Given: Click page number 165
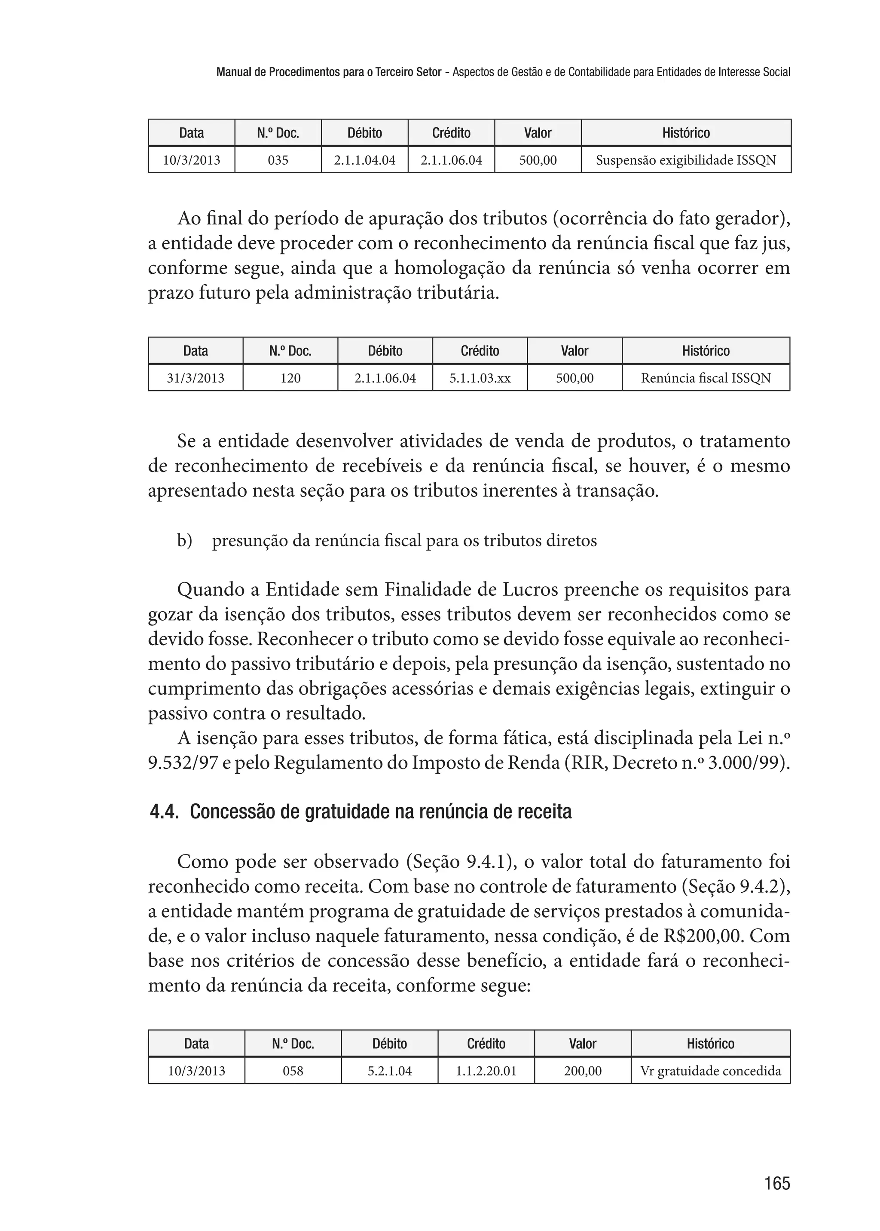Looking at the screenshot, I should pyautogui.click(x=777, y=1183).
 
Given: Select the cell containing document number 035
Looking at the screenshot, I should pyautogui.click(x=278, y=160).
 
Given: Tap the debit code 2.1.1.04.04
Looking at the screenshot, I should pyautogui.click(x=365, y=160).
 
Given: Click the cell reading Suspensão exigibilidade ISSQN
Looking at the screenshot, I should pyautogui.click(x=686, y=160).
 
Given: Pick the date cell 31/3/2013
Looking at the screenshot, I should pyautogui.click(x=196, y=378).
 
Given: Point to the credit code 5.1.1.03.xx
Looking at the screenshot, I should pyautogui.click(x=480, y=378).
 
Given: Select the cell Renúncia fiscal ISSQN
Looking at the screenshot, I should pyautogui.click(x=706, y=378).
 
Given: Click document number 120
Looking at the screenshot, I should pyautogui.click(x=290, y=378).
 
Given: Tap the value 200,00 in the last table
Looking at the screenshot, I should pyautogui.click(x=583, y=1071).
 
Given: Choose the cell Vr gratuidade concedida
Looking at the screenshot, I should pyautogui.click(x=710, y=1071).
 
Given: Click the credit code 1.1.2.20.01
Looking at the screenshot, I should pyautogui.click(x=486, y=1071).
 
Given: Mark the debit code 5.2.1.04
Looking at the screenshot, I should pyautogui.click(x=390, y=1071).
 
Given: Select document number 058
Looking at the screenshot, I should pyautogui.click(x=293, y=1071).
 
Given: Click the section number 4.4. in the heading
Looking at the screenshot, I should pyautogui.click(x=165, y=812).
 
